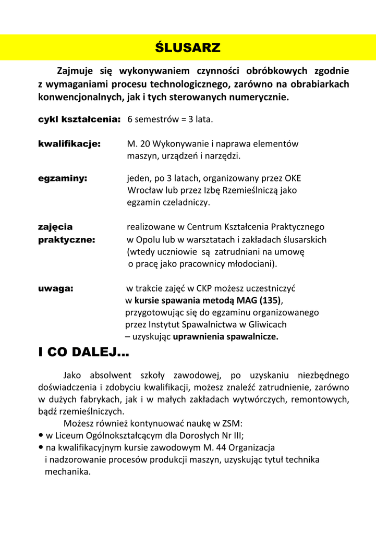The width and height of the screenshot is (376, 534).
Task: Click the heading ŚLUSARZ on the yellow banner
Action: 188,48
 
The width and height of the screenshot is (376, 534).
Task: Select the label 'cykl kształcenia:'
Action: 79,119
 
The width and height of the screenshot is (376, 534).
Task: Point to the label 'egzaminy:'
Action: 63,178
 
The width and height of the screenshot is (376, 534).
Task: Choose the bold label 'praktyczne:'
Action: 67,240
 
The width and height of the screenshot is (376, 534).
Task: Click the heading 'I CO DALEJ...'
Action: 83,353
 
